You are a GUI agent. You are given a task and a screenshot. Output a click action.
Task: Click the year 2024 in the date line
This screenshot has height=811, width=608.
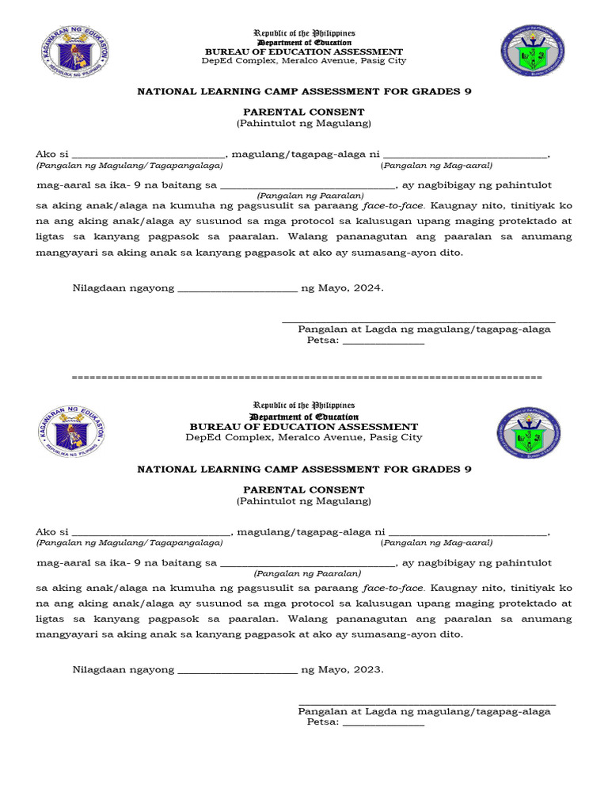coord(367,288)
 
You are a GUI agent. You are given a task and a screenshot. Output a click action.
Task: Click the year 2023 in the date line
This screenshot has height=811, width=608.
coord(367,669)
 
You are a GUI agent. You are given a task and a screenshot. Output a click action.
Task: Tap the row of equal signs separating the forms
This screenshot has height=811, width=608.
coord(306,376)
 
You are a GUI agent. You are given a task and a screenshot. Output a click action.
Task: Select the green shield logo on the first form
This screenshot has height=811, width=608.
coord(532,51)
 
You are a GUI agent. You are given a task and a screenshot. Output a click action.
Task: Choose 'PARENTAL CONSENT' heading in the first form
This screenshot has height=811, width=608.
coord(304,112)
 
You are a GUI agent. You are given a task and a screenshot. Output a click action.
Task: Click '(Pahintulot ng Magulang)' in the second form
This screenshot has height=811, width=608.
coord(304,501)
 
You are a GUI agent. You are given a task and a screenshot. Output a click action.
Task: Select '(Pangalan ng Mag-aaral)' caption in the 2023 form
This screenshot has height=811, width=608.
coord(436,543)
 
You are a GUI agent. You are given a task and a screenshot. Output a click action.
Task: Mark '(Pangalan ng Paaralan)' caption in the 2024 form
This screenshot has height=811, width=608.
coord(310,196)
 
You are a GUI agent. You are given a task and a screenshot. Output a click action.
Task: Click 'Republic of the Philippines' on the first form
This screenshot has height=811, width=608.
coord(304,33)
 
